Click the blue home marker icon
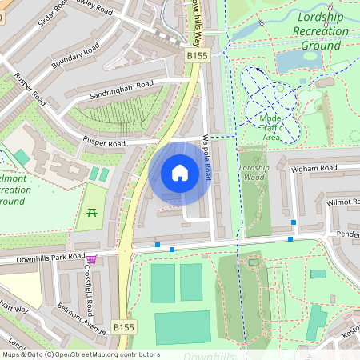tap(180, 173)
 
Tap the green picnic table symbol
tap(90, 212)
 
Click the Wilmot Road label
tap(344, 203)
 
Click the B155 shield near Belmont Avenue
tap(122, 327)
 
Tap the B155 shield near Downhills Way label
tap(198, 55)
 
